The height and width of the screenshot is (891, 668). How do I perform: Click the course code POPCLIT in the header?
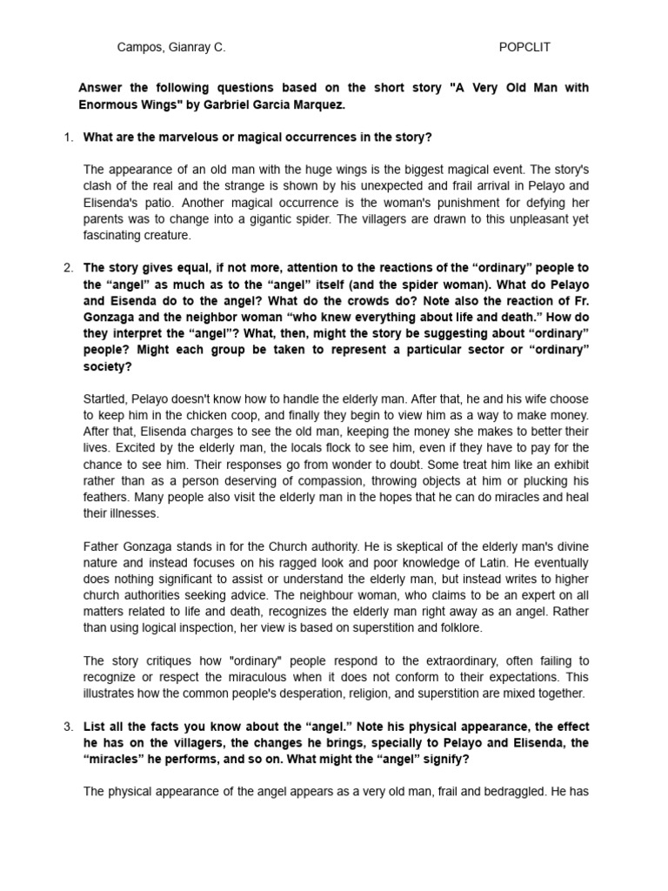pyautogui.click(x=524, y=48)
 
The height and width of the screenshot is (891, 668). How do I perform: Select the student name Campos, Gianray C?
pyautogui.click(x=171, y=48)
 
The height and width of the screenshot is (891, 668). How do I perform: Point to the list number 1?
pyautogui.click(x=68, y=137)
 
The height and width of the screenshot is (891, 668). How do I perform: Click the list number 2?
pyautogui.click(x=68, y=267)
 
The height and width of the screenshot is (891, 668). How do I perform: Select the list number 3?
pyautogui.click(x=68, y=726)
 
